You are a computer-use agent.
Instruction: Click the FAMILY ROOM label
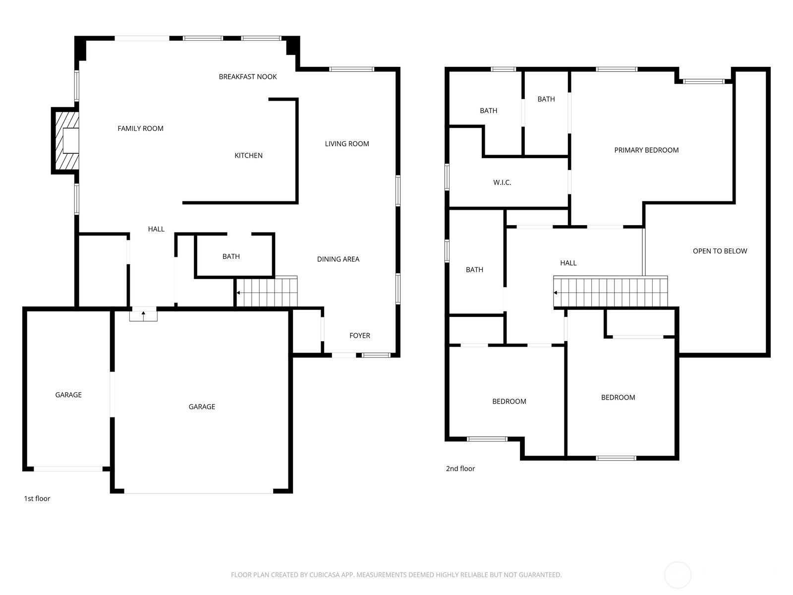click(x=141, y=128)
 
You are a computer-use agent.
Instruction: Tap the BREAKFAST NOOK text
click(x=248, y=77)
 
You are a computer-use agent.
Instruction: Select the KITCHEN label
click(x=249, y=156)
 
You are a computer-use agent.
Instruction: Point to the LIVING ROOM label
click(x=347, y=144)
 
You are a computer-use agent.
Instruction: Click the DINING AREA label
click(x=338, y=259)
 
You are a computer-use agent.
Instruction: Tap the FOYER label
click(x=360, y=336)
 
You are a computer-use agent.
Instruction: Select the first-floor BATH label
click(x=231, y=256)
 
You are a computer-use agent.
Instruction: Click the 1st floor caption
click(x=37, y=498)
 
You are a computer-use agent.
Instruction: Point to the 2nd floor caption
click(x=460, y=469)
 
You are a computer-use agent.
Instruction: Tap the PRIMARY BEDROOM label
click(x=646, y=150)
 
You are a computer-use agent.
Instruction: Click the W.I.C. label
click(x=502, y=183)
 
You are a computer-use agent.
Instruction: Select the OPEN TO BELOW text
click(x=720, y=251)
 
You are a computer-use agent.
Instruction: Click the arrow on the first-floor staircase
click(x=238, y=293)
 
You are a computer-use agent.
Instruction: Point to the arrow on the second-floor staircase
click(x=556, y=293)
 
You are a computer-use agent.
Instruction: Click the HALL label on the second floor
click(x=568, y=263)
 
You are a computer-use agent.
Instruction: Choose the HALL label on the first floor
click(x=156, y=229)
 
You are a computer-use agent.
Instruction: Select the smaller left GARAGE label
click(x=68, y=395)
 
